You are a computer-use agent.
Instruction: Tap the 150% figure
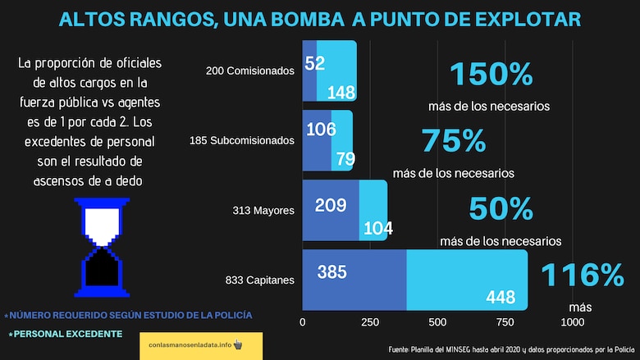pos(491,75)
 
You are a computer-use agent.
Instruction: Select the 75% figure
pos(454,141)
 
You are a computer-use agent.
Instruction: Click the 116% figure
pos(582,273)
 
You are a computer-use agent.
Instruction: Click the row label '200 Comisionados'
pos(249,71)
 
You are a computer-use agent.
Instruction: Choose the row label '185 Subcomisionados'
pos(241,140)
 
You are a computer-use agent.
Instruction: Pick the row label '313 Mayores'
pos(263,211)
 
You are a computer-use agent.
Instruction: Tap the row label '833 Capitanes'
pos(259,280)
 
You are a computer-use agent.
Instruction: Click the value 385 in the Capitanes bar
pos(331,272)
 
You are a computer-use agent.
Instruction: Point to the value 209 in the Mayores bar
pos(331,204)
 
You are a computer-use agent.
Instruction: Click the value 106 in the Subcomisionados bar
pos(321,130)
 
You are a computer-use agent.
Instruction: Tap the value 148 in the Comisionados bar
pos(341,91)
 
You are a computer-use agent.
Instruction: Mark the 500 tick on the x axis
pos(437,321)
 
